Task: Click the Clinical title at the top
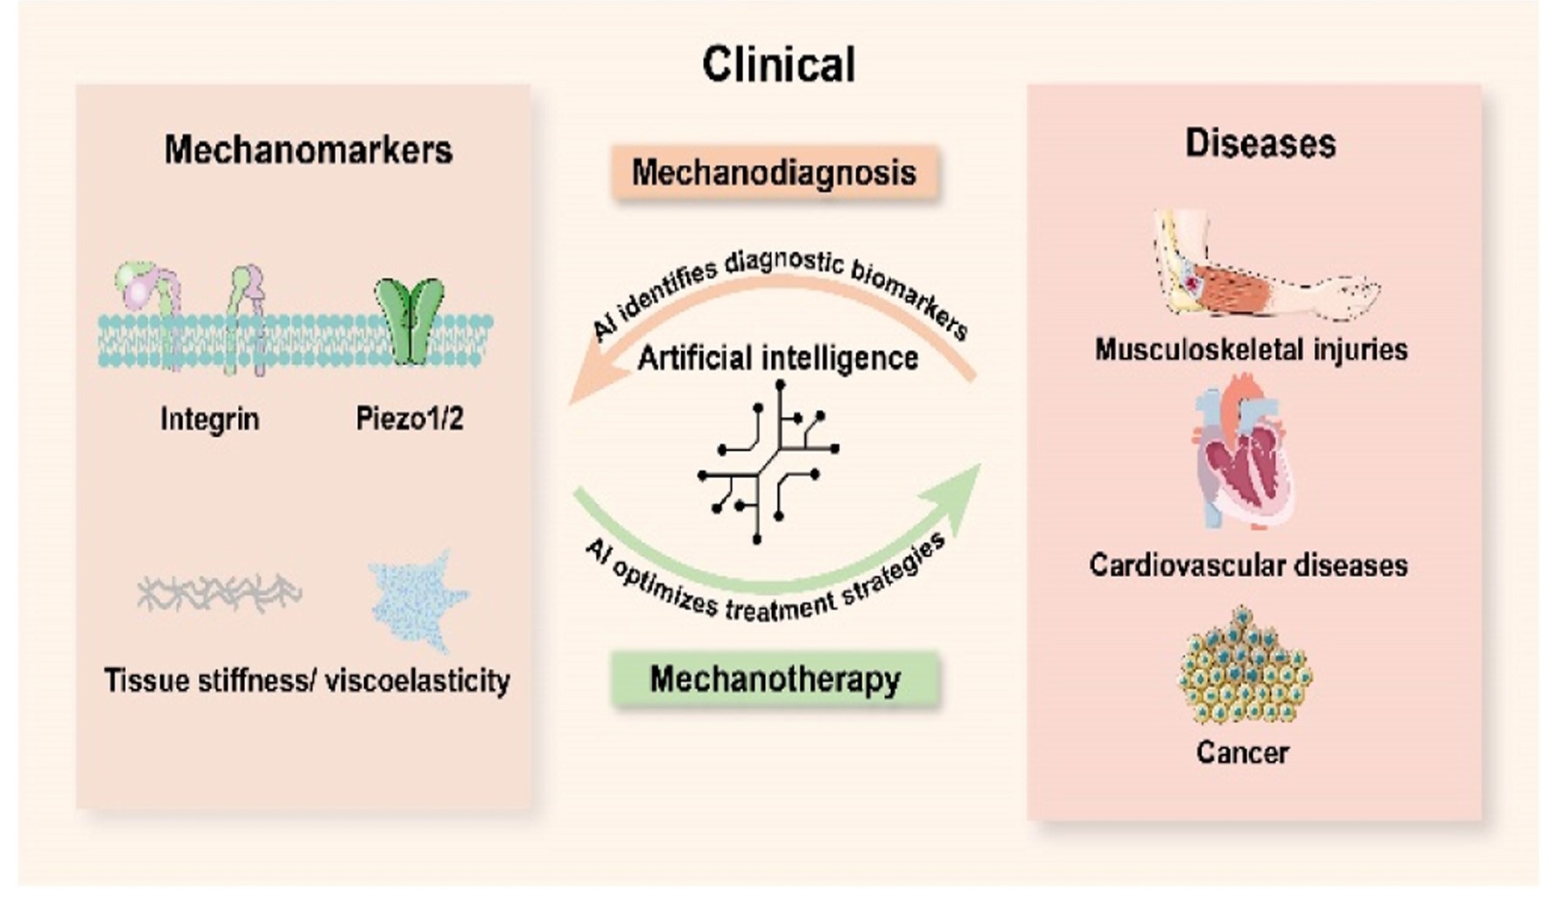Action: [x=778, y=65]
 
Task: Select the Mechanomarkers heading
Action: [x=308, y=150]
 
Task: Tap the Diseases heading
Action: [x=1260, y=143]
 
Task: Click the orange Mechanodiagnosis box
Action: [x=775, y=173]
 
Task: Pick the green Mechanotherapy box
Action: [x=775, y=680]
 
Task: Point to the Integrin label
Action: [x=210, y=419]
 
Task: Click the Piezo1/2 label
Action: [x=410, y=418]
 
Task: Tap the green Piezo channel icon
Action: [x=410, y=321]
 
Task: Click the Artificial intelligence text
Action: [x=778, y=358]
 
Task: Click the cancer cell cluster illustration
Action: [x=1244, y=665]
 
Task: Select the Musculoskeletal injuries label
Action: [x=1252, y=349]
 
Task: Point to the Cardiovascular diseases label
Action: [x=1249, y=565]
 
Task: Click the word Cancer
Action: [x=1243, y=752]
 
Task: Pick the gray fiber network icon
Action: [x=220, y=593]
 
